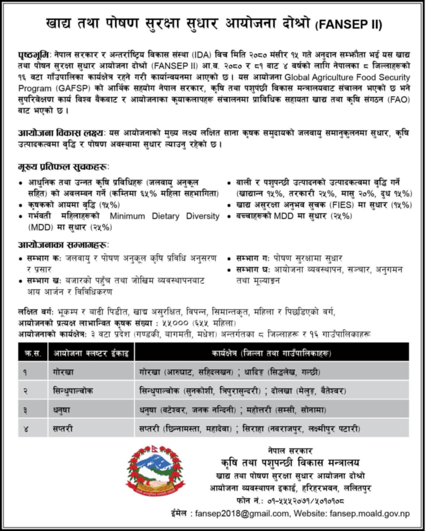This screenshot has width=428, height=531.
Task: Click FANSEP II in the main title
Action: pos(348,24)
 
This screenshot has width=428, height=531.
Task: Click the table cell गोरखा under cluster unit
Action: pos(63,372)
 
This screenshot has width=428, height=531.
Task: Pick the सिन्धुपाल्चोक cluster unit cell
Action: pos(73,390)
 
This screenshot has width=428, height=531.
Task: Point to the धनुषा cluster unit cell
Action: pos(62,410)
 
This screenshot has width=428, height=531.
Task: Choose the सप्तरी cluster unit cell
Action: pos(63,429)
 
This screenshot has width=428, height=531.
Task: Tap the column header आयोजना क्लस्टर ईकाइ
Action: pos(91,354)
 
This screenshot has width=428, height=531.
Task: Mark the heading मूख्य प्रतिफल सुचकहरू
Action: pos(63,167)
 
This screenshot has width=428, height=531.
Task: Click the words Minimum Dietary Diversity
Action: pos(164,216)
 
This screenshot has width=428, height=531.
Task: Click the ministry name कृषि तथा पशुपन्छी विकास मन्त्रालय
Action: pos(290,463)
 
